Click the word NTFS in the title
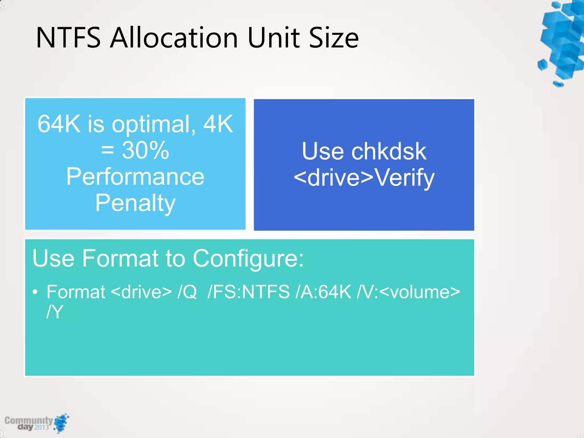coord(68,38)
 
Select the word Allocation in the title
coord(174,38)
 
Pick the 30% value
coord(145,150)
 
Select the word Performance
coord(135,177)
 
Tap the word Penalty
coord(135,203)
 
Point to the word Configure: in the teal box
coord(248,258)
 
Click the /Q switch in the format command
coord(187,292)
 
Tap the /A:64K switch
coord(323,292)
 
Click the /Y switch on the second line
coord(54,312)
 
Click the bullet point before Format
coord(35,292)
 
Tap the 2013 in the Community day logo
coord(42,427)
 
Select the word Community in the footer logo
coord(29,420)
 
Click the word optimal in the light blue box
coord(151,125)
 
